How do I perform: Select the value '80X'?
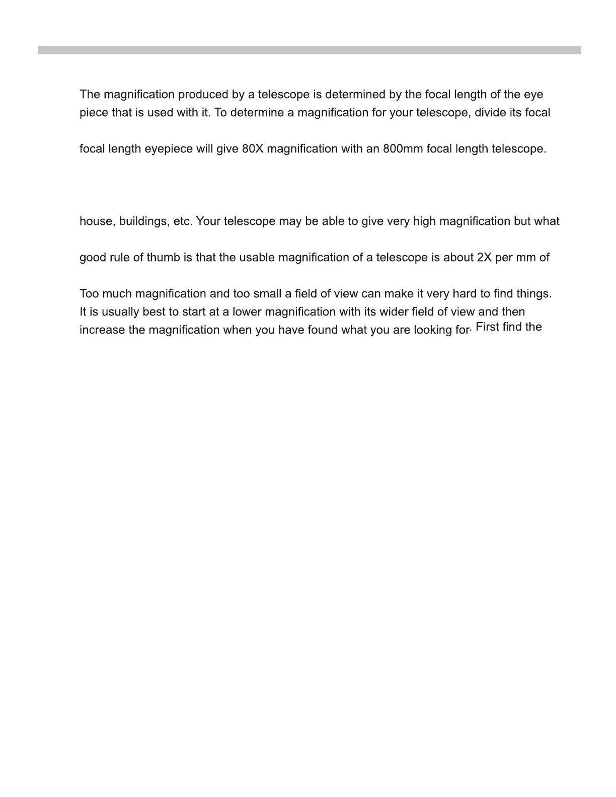[x=253, y=149]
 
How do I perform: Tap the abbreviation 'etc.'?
[x=183, y=221]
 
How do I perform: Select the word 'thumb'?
[x=163, y=258]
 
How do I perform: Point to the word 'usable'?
[x=257, y=258]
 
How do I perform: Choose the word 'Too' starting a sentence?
[x=90, y=294]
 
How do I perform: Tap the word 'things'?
[x=534, y=294]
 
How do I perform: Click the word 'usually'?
[x=120, y=312]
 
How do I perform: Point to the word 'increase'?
[x=102, y=330]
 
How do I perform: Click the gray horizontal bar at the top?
[x=309, y=50]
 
